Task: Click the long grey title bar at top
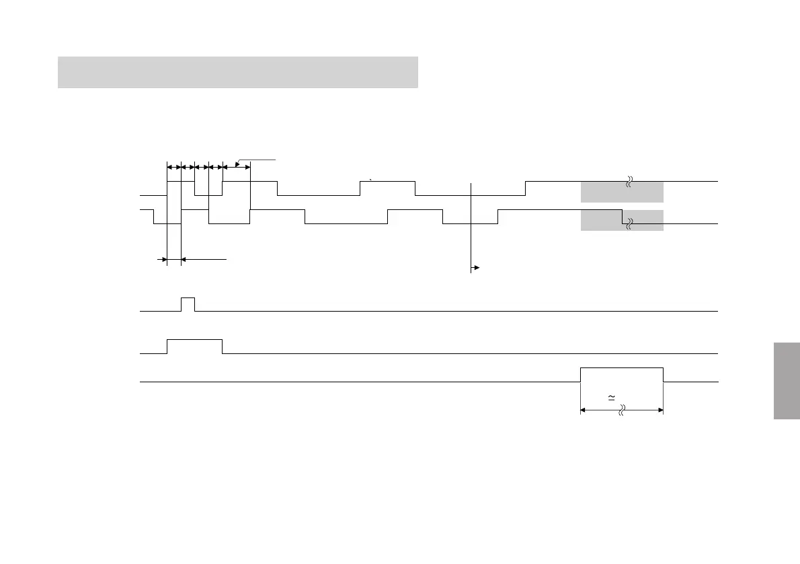pos(238,72)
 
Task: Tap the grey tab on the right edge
pos(786,381)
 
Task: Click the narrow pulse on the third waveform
pos(188,304)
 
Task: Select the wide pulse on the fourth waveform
pos(194,346)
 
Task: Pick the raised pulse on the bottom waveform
pos(621,374)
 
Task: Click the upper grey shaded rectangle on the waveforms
pos(621,192)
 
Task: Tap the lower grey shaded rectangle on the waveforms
pos(621,220)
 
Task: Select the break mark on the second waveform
pos(629,224)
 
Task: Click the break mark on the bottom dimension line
pos(621,409)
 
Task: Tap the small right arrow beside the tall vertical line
pos(476,268)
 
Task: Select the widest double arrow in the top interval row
pos(236,166)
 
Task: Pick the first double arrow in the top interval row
pos(173,166)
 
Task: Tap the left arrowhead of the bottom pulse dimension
pos(583,409)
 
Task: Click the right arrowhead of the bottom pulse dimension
pos(661,409)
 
